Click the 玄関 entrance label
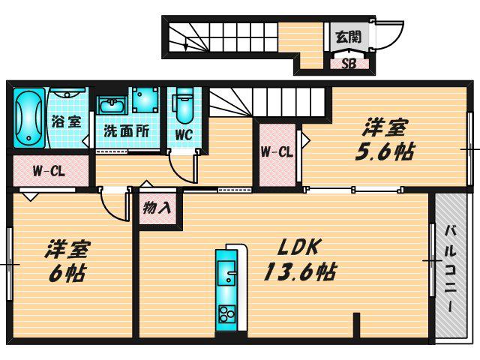click(x=349, y=37)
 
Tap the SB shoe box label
click(x=349, y=64)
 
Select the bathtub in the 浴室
click(x=28, y=118)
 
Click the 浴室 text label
click(x=66, y=121)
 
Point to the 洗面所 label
click(x=127, y=131)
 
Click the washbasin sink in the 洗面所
click(x=112, y=106)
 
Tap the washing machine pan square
click(x=145, y=100)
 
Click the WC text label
click(x=184, y=134)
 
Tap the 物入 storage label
click(x=157, y=208)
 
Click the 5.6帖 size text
click(x=385, y=151)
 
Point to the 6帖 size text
click(x=67, y=273)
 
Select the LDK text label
click(x=298, y=247)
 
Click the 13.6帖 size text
click(x=300, y=271)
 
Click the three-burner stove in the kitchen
click(x=226, y=313)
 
